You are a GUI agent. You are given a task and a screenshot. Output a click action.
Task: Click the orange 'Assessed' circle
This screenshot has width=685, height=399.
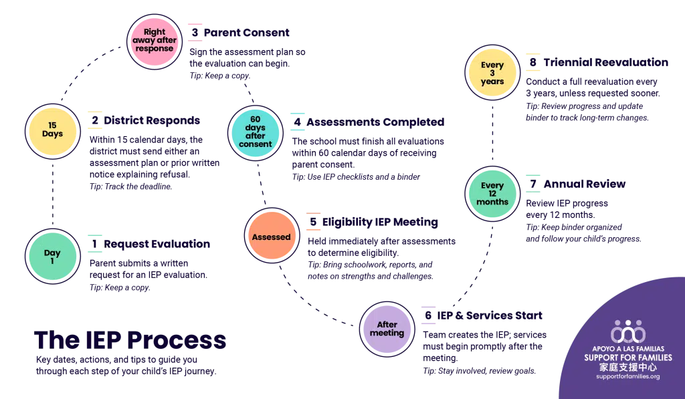click(x=271, y=237)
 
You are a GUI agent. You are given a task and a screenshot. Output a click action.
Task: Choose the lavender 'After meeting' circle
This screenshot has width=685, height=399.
click(x=387, y=329)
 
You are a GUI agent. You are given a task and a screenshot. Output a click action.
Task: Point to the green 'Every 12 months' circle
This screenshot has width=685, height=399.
click(x=493, y=194)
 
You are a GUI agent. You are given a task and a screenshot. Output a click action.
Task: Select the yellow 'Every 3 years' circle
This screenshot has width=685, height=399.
click(x=492, y=74)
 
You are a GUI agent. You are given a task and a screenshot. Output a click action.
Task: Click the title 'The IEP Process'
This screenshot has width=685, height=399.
click(x=130, y=340)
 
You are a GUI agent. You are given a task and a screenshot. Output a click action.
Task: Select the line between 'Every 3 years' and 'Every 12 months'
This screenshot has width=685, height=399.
click(x=492, y=134)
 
